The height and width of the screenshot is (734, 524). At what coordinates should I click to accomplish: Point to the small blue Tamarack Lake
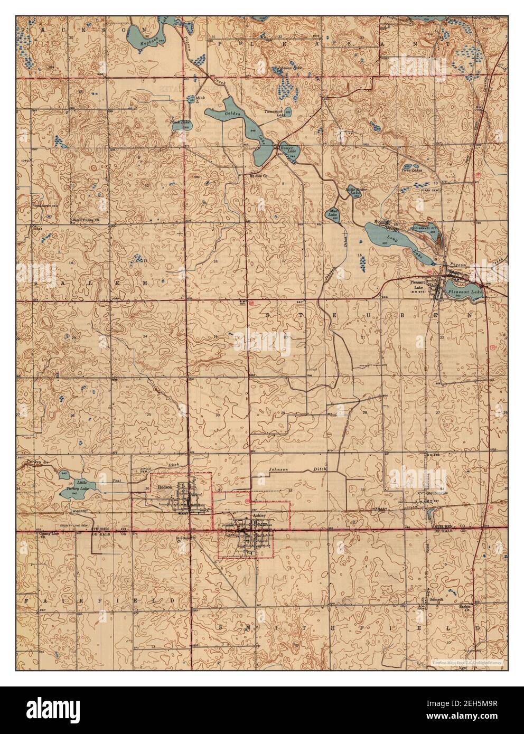click(288, 112)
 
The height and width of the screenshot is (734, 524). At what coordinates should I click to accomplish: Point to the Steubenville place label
click(437, 493)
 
